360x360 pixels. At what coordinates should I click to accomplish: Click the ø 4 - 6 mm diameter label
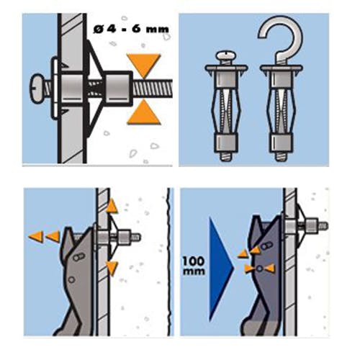click(131, 30)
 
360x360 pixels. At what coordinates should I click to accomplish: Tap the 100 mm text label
click(194, 266)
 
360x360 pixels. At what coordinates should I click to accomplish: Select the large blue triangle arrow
click(220, 269)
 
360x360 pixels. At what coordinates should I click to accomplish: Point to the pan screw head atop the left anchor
click(226, 57)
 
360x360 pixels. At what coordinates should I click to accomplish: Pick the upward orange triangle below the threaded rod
click(143, 112)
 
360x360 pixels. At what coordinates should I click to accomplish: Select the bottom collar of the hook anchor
click(282, 143)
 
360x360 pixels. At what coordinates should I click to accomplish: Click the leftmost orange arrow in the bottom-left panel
click(36, 237)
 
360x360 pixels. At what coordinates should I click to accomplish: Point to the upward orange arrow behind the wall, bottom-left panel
click(112, 206)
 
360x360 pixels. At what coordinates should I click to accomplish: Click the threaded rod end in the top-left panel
click(153, 89)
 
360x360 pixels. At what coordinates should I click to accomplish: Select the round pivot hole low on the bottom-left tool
click(71, 279)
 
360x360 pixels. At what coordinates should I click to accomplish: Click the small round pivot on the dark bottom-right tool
click(259, 269)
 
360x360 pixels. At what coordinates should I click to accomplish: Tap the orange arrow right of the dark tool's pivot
click(270, 268)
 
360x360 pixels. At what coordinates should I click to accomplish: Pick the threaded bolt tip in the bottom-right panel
click(323, 225)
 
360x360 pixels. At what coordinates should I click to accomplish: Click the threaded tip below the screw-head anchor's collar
click(227, 156)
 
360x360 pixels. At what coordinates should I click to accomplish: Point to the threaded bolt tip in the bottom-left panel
click(136, 238)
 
